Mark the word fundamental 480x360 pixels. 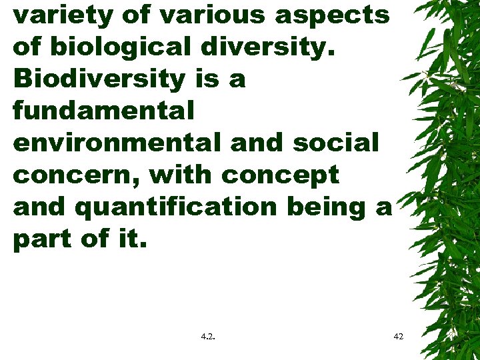coord(103,111)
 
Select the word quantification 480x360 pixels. coord(177,207)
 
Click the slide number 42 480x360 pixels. coord(399,337)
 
